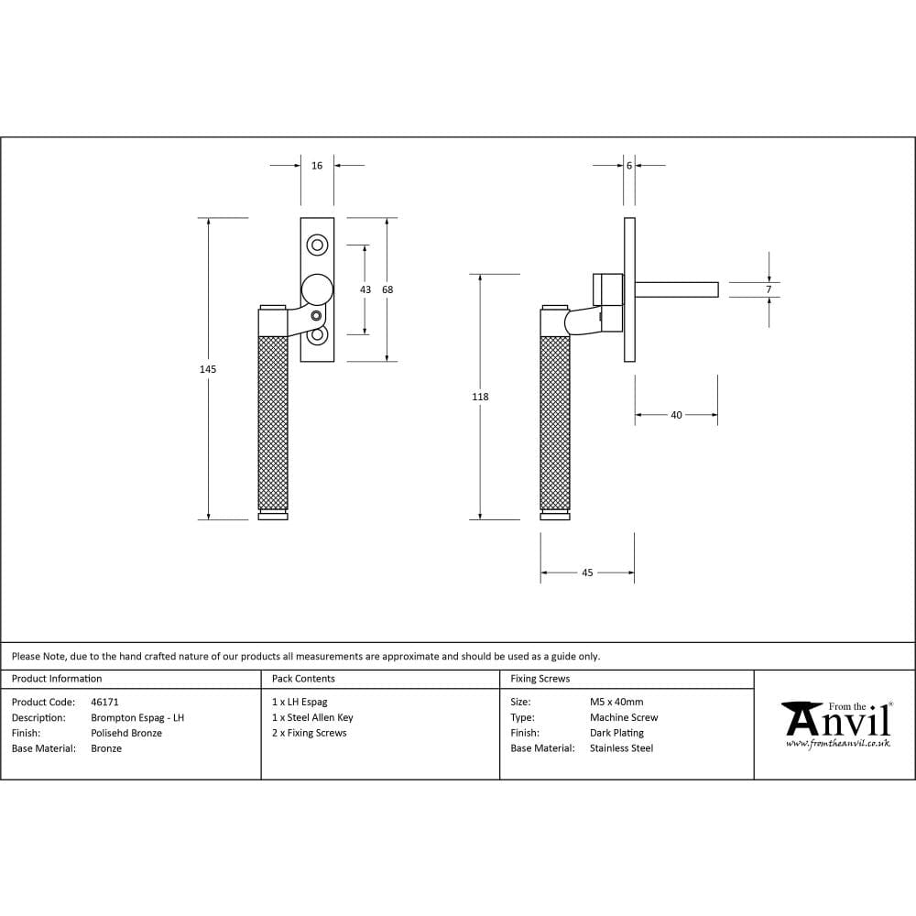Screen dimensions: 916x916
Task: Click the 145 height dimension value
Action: click(208, 369)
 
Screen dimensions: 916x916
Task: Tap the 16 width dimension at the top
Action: click(317, 166)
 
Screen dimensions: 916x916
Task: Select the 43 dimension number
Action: click(365, 289)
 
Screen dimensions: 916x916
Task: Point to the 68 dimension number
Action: click(387, 289)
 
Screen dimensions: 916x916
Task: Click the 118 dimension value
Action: click(480, 398)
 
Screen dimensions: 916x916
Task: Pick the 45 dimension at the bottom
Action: click(587, 573)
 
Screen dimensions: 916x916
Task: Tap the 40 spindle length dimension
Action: click(676, 415)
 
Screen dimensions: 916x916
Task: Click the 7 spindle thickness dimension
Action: click(769, 289)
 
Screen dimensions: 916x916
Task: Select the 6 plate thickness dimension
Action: click(629, 166)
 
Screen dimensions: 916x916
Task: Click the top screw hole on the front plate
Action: click(317, 245)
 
